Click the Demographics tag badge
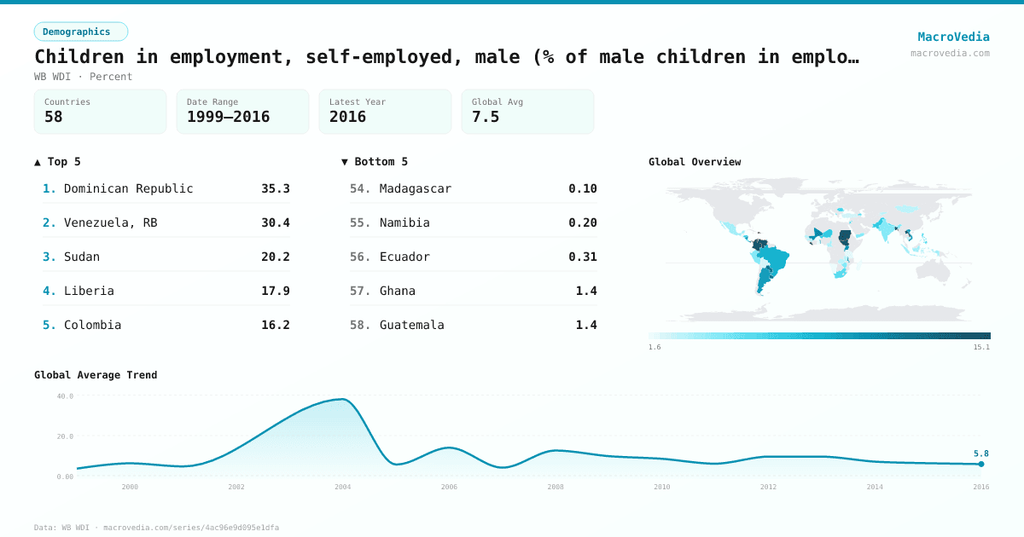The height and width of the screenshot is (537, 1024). tap(80, 32)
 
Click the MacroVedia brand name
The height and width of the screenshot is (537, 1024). tap(953, 37)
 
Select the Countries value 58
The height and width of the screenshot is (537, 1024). tap(54, 117)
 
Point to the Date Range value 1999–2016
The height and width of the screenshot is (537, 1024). tap(228, 117)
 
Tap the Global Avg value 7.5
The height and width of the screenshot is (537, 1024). tap(486, 117)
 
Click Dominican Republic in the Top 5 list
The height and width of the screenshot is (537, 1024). tap(129, 188)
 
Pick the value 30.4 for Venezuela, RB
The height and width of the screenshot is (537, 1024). tap(276, 222)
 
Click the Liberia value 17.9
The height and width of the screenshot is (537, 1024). tap(276, 291)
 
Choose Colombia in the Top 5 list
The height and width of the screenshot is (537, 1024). tap(93, 325)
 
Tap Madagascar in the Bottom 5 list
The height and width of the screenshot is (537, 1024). tap(416, 188)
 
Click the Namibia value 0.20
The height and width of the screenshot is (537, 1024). tap(583, 222)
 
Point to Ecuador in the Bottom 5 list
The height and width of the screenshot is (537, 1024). tap(404, 257)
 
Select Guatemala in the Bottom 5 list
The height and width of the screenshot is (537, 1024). tap(412, 325)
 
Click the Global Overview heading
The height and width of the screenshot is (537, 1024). tap(695, 162)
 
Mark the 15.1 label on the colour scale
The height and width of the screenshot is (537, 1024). tap(982, 347)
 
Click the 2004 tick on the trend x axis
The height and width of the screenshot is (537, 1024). tap(343, 487)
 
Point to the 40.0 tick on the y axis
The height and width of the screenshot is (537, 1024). tap(65, 396)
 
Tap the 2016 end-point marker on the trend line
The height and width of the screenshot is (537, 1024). tap(981, 464)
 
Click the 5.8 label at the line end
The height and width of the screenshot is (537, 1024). tap(981, 453)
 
